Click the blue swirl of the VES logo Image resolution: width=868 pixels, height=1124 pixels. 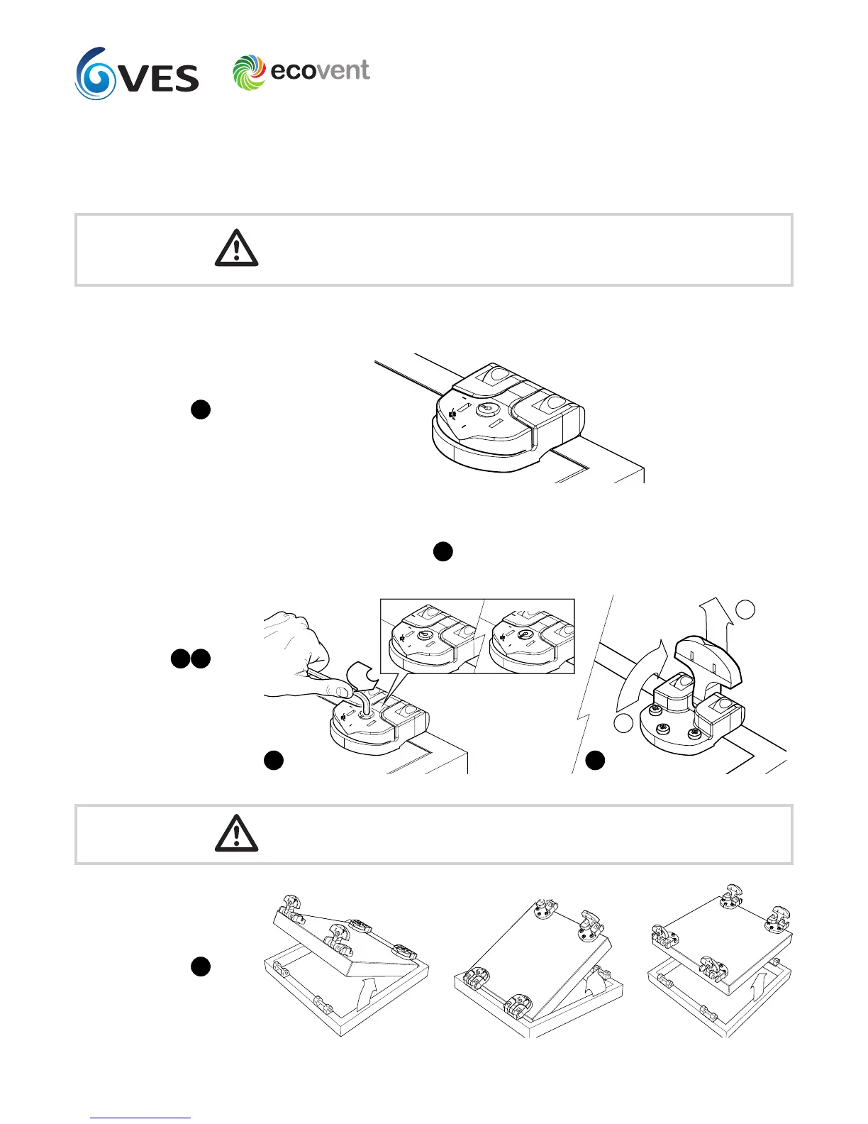click(96, 74)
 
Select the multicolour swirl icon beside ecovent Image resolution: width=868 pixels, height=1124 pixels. click(249, 72)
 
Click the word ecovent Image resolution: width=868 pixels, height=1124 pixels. click(320, 70)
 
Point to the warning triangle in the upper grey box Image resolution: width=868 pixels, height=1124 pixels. click(236, 248)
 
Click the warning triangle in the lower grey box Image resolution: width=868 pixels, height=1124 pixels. click(236, 834)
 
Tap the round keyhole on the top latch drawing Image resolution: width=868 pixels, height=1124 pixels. click(487, 409)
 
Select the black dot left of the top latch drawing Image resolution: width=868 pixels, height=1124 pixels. click(201, 409)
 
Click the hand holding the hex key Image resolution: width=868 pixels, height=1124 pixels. click(298, 646)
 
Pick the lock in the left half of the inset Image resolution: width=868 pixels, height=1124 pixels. click(424, 637)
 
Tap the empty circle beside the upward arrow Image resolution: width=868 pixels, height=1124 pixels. click(745, 609)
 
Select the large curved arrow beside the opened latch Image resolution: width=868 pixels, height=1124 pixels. click(638, 674)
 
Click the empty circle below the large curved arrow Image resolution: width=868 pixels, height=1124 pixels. click(623, 723)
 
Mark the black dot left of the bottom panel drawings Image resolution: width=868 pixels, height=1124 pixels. click(201, 966)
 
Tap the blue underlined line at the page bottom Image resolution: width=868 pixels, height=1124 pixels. click(141, 1118)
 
